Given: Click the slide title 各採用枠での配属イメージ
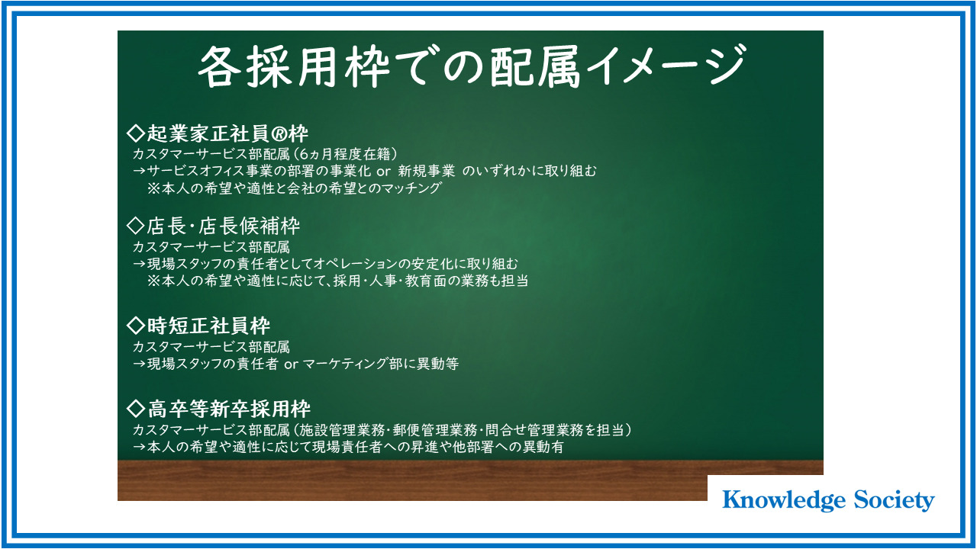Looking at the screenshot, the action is pyautogui.click(x=472, y=66).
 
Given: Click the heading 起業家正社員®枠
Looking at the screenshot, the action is pyautogui.click(x=218, y=133).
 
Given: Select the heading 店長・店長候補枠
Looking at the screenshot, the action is pyautogui.click(x=213, y=226).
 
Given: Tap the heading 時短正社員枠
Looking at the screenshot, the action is pyautogui.click(x=198, y=326).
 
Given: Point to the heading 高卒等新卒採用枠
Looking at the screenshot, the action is pyautogui.click(x=218, y=409).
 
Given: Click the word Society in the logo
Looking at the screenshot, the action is pyautogui.click(x=894, y=500).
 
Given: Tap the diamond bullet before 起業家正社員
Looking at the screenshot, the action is pyautogui.click(x=136, y=133).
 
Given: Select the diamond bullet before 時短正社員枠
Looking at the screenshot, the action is pyautogui.click(x=136, y=326).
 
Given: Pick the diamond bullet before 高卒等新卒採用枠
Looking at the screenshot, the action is pyautogui.click(x=136, y=409).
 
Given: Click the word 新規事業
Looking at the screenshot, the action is pyautogui.click(x=426, y=172).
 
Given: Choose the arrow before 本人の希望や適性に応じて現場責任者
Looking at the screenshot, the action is pyautogui.click(x=139, y=447).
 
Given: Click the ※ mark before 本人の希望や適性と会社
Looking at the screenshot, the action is pyautogui.click(x=153, y=188).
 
